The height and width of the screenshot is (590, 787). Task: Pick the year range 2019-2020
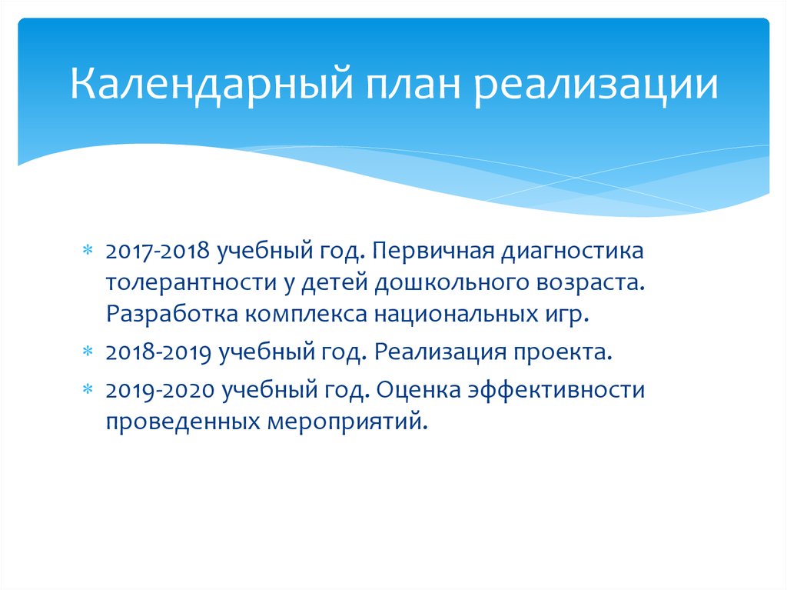point(159,390)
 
